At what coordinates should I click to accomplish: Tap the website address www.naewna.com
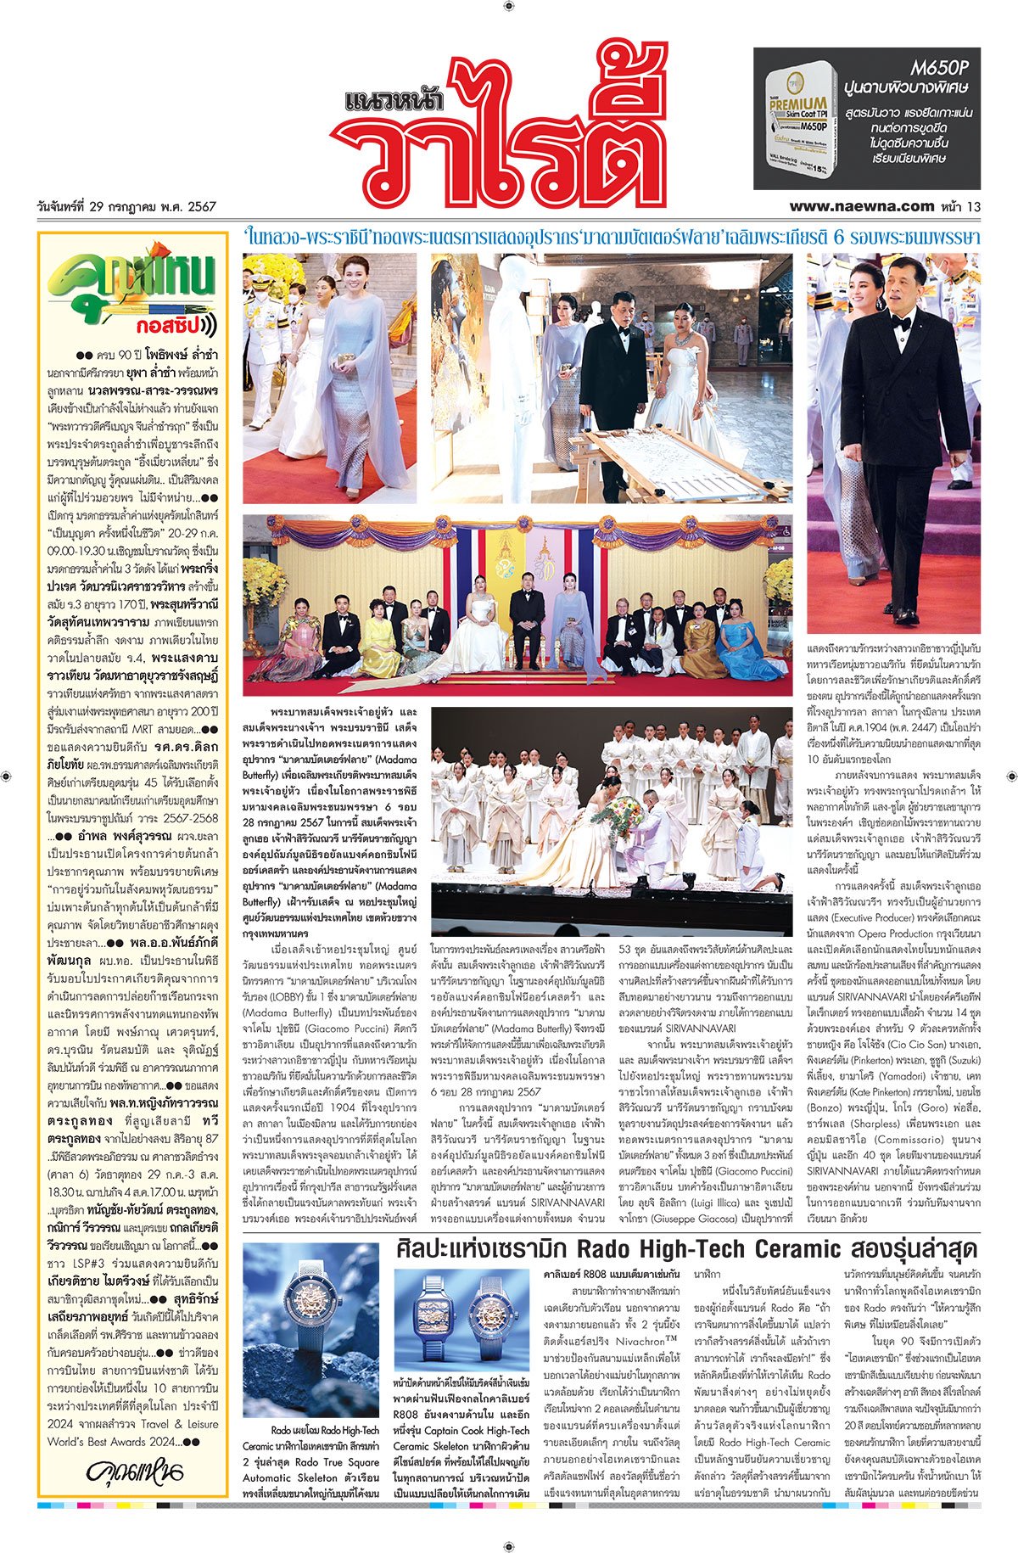[861, 205]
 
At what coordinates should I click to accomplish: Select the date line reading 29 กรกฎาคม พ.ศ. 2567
[127, 206]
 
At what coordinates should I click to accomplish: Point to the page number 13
[974, 206]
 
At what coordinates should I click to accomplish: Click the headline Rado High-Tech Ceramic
[687, 1248]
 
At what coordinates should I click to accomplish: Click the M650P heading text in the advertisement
[939, 67]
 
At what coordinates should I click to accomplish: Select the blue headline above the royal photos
[611, 237]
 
